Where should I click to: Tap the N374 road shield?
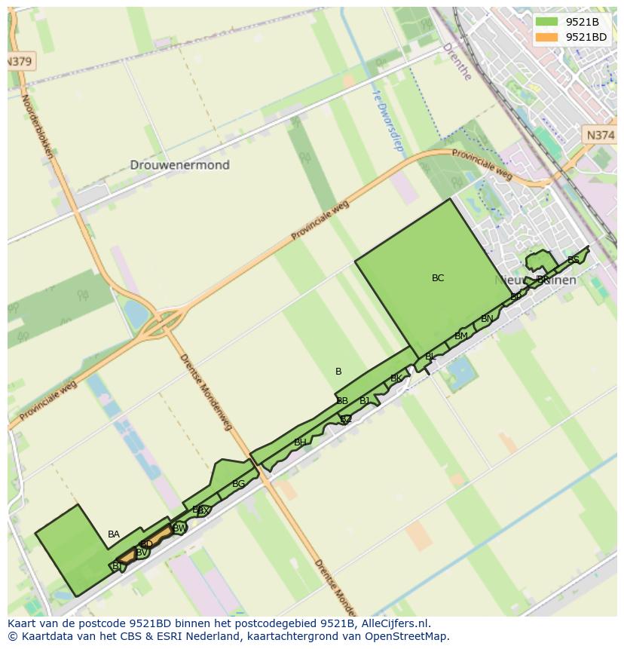coord(600,135)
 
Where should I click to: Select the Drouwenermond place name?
coord(179,165)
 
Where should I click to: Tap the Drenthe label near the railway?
coord(457,61)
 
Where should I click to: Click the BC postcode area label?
coord(438,278)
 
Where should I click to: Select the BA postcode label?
coord(114,534)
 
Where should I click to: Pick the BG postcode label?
coord(238,484)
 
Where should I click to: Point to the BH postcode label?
coord(300,442)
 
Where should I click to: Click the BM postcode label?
coord(461,336)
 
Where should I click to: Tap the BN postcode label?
coord(487,319)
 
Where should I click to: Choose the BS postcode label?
coord(574,260)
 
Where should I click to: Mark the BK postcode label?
coord(396,379)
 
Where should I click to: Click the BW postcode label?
coord(179,528)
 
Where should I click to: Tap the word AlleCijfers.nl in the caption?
coord(393,623)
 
